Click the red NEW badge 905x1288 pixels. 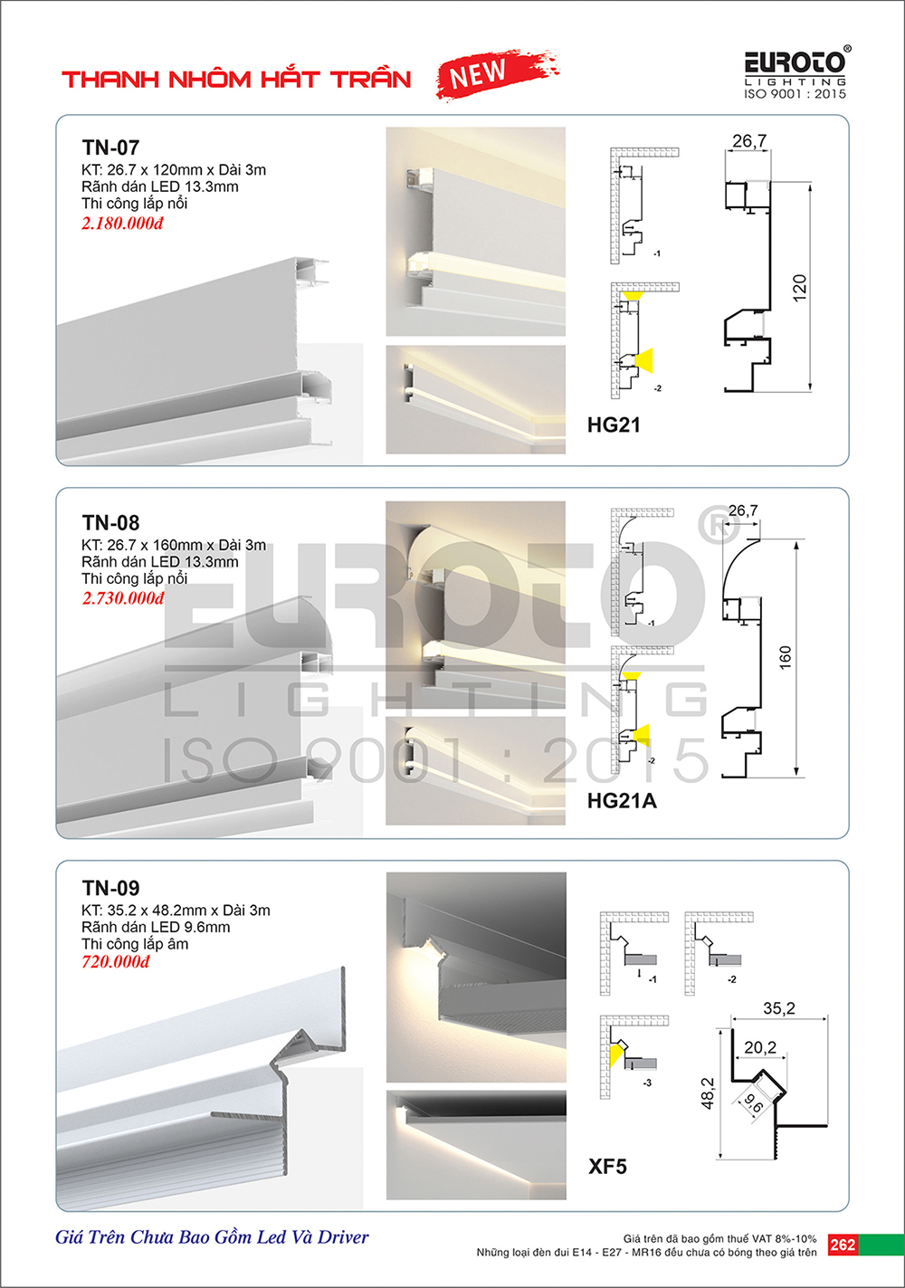(498, 73)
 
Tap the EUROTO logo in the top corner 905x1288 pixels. (796, 72)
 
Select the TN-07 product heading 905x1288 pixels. (110, 148)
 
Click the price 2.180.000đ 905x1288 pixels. (122, 223)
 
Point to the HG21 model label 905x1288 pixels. (613, 425)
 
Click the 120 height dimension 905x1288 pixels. (799, 288)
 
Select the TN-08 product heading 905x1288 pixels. (110, 522)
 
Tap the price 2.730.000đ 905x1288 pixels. (123, 598)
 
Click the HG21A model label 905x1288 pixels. (622, 800)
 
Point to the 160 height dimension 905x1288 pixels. (785, 657)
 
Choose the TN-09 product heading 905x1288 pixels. (110, 888)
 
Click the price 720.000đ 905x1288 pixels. (116, 961)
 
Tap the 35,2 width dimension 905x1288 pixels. (779, 1008)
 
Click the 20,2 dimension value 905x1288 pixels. (760, 1047)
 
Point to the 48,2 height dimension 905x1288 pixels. (708, 1093)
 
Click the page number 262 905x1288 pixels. (843, 1245)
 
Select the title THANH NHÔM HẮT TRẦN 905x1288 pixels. (236, 78)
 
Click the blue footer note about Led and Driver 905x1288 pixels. (212, 1236)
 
